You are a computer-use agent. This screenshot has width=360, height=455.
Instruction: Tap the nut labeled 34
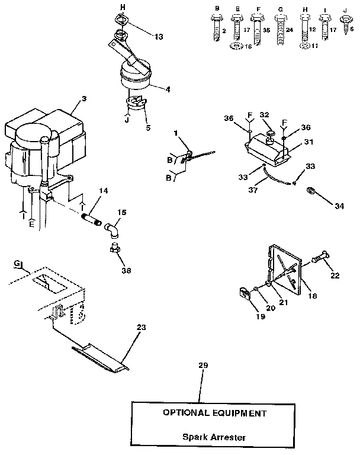pos(310,192)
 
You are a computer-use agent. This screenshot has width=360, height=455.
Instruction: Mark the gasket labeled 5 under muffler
pos(137,104)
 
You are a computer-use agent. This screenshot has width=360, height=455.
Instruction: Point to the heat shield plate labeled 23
pos(101,358)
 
